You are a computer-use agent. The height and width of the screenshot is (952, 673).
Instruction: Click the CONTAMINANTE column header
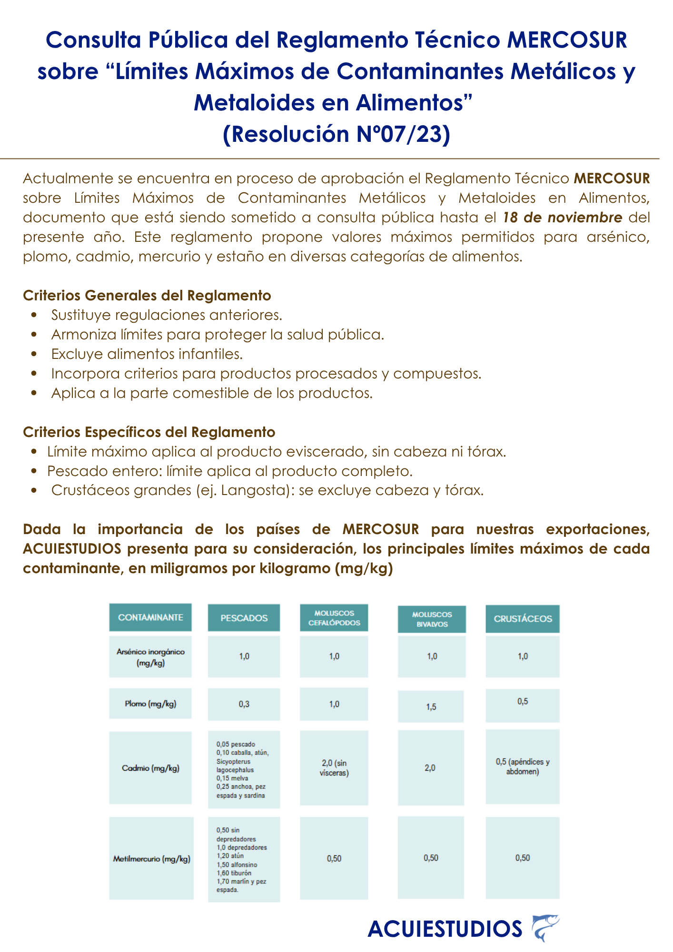point(150,617)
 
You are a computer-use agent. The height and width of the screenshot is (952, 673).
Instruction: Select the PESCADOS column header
point(244,618)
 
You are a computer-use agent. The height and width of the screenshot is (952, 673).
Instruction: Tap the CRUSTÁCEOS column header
point(523,619)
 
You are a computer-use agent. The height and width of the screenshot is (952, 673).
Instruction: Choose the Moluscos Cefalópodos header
point(334,618)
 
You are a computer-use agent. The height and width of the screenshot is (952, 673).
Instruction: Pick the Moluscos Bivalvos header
point(432,619)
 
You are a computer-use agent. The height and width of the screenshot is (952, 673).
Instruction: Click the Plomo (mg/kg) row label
point(150,704)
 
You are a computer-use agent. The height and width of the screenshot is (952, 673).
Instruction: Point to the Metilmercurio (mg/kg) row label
point(151,859)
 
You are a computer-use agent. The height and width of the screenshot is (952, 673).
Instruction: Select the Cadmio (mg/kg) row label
point(150,768)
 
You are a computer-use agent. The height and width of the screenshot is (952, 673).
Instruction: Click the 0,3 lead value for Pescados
point(244,704)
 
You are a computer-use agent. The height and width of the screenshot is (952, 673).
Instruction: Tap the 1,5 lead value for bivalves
point(431,707)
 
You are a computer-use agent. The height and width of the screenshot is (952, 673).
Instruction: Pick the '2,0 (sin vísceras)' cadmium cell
point(334,768)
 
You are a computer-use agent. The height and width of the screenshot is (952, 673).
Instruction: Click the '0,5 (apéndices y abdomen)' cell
point(523,766)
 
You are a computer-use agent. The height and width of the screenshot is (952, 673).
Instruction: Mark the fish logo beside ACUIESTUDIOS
point(545,927)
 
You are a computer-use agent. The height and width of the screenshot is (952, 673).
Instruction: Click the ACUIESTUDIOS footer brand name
point(445,929)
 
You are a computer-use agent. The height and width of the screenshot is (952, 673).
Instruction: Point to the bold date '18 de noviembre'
point(563,218)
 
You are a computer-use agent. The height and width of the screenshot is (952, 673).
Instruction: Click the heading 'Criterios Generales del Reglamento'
point(147,296)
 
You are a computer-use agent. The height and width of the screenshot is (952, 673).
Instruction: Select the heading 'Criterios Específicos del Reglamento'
point(149,432)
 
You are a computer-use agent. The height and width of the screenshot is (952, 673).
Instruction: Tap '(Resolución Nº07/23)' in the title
point(336,134)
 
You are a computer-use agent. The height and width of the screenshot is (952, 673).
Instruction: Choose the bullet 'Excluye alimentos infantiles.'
point(147,354)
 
